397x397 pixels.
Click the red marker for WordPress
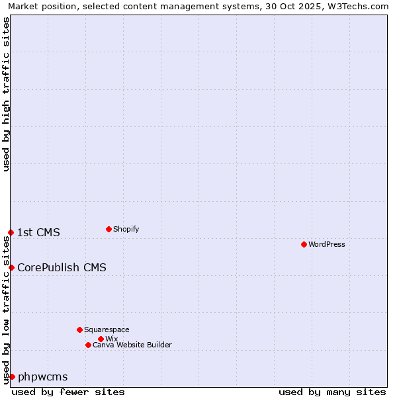(x=304, y=244)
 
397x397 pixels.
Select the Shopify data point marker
(x=109, y=229)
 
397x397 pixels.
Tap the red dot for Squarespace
(x=79, y=330)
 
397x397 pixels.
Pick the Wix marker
(x=101, y=339)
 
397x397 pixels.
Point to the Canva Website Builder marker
(x=88, y=345)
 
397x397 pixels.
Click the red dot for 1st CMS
(x=11, y=232)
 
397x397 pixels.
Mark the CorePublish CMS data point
(x=11, y=267)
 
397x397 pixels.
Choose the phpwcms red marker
(x=12, y=376)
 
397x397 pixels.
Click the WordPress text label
(x=327, y=244)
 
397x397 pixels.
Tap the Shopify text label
(x=126, y=229)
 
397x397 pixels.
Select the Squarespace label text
(x=107, y=330)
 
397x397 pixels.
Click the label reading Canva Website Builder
(x=132, y=345)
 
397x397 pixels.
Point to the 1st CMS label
(x=38, y=232)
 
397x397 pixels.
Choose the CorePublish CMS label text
(x=62, y=267)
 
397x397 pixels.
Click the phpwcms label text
(x=42, y=376)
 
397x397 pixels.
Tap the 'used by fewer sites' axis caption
(x=68, y=392)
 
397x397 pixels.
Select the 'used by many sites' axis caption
(x=332, y=392)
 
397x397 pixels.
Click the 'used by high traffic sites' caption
(x=7, y=94)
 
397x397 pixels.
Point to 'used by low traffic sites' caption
(x=7, y=310)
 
